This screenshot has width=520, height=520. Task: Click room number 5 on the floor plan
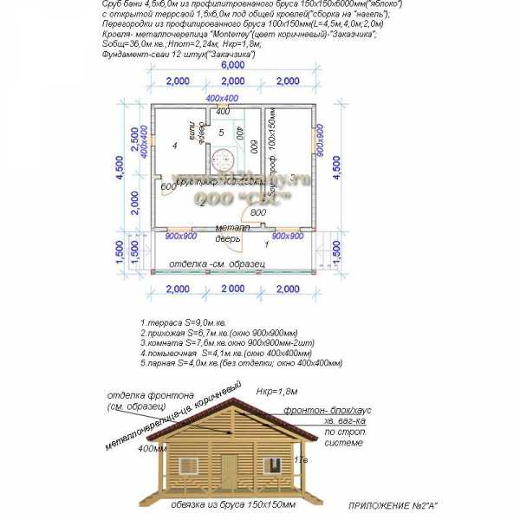[x=221, y=133]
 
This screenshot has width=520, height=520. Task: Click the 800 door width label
[x=257, y=212]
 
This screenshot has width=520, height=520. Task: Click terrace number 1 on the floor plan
[x=267, y=246]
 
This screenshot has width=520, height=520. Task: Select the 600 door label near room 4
[x=169, y=186]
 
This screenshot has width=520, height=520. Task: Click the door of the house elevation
[x=229, y=471]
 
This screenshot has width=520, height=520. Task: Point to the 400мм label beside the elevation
[x=153, y=448]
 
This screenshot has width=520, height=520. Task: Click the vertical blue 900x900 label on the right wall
[x=319, y=140]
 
